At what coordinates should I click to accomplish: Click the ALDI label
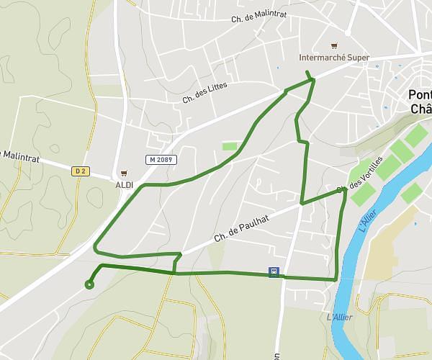click(x=125, y=184)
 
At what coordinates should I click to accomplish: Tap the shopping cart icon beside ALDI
click(x=125, y=173)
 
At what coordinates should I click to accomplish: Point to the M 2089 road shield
click(x=161, y=159)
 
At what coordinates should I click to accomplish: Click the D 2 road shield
click(x=81, y=171)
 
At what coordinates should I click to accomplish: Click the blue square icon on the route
click(x=274, y=271)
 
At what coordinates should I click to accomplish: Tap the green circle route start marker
click(x=89, y=284)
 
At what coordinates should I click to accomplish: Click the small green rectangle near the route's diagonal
click(x=230, y=147)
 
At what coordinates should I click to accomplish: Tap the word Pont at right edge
click(x=419, y=94)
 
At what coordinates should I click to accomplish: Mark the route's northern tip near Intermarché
click(x=307, y=72)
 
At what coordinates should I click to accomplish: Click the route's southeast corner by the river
click(x=336, y=279)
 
